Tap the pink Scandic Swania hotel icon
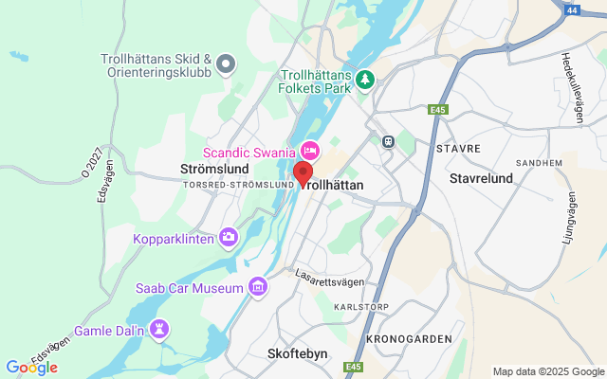tap(310, 151)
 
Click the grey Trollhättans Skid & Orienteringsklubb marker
tap(226, 64)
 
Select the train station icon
tap(388, 141)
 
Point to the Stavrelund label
tap(481, 177)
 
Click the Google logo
tap(31, 368)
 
